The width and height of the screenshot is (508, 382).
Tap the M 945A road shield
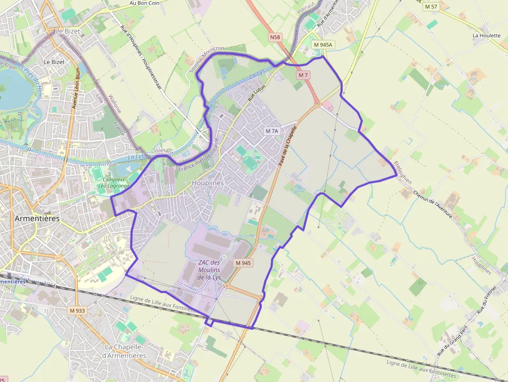[x=323, y=45]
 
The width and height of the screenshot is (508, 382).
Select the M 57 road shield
[x=431, y=7]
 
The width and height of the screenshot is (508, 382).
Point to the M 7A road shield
[x=272, y=131]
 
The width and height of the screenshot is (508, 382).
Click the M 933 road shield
[x=77, y=310]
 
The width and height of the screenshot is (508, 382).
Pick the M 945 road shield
[x=243, y=263]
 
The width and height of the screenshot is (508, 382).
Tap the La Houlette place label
[x=486, y=36]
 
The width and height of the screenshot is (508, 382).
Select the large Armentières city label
[x=37, y=218]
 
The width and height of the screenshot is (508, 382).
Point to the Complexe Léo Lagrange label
[x=112, y=181]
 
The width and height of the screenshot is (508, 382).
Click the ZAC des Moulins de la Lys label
[x=209, y=270]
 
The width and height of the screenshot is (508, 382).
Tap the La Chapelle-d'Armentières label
[x=125, y=351]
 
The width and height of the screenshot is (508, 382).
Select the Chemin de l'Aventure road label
[x=432, y=204]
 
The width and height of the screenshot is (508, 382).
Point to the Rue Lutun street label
[x=256, y=92]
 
